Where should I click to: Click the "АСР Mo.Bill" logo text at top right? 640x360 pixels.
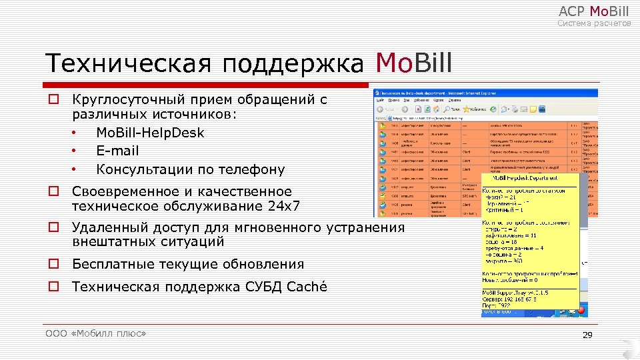(593, 11)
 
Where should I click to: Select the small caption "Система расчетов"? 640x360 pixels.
(594, 23)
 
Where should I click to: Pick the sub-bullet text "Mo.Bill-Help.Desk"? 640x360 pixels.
(150, 133)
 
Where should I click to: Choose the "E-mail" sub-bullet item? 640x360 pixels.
(117, 151)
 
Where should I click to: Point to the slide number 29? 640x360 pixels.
(587, 335)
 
